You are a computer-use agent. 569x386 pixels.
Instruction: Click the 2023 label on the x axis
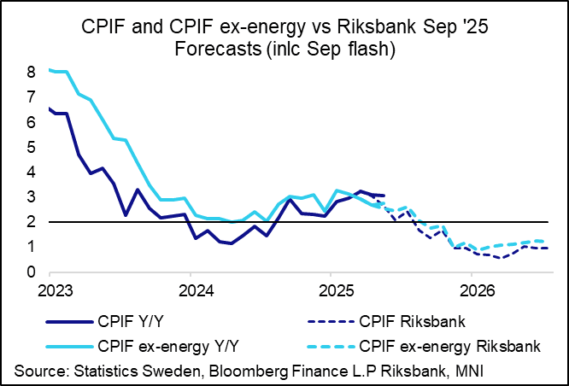pos(50,289)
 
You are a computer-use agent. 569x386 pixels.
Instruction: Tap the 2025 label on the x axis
pos(332,289)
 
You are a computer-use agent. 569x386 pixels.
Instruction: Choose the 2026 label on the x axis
pos(473,289)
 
